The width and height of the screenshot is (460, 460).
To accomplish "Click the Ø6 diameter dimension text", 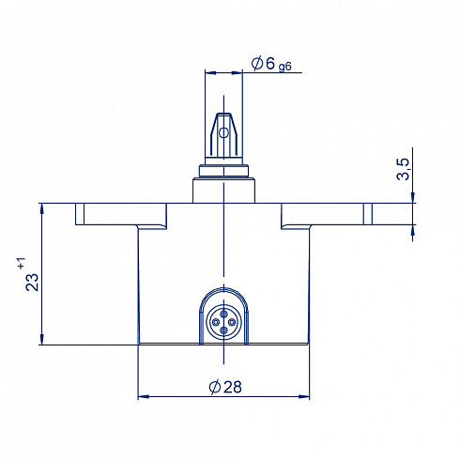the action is pos(263,64).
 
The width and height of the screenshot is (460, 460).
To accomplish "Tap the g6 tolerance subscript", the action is pos(285,67).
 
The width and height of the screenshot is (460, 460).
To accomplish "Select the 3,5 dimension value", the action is pos(403,169).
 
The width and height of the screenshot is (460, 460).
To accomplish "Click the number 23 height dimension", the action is pos(32,283).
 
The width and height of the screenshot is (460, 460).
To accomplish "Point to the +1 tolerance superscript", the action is pos(22,263).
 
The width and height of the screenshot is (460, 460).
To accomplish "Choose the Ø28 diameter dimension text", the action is pos(225,387).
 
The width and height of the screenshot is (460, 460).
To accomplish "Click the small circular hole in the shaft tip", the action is pos(223,133).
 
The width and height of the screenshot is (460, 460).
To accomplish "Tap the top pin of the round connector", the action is pos(223,314).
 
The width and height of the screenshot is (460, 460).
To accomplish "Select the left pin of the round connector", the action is pos(215,322).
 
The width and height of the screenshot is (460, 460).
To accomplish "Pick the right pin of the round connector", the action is pos(232,322).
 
